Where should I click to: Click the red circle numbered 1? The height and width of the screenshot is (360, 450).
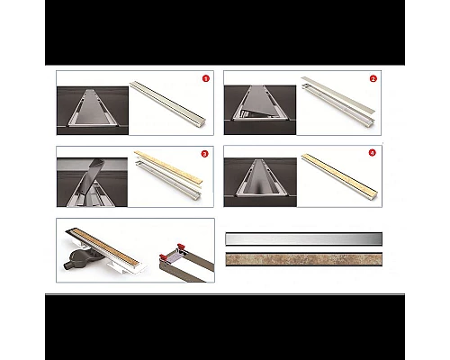pos(205,78)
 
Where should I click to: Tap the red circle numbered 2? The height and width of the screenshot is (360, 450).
pos(373,79)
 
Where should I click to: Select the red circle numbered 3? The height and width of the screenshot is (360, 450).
pos(204,154)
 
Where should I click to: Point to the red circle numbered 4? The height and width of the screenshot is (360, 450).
pos(372,153)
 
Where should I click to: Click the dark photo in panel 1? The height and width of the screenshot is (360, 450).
pos(93,111)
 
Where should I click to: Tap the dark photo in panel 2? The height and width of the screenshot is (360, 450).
pos(260,110)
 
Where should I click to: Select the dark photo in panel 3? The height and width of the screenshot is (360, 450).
pos(92,183)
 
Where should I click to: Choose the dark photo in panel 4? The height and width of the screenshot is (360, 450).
pos(260,183)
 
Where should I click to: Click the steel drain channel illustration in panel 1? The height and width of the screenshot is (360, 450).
pos(168,101)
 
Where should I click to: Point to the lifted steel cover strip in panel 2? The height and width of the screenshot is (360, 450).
pos(338,94)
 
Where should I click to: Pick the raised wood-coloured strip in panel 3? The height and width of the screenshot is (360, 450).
pos(168,167)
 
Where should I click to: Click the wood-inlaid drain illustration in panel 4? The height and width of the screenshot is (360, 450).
pos(339,175)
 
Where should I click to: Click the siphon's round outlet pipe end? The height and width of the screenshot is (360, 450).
pos(66,266)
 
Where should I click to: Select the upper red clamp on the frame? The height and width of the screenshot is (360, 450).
pos(180,247)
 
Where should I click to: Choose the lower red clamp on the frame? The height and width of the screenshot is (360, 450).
pos(164,258)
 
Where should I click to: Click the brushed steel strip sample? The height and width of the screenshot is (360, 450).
pos(304,239)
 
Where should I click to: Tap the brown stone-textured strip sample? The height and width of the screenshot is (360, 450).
pos(304,259)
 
